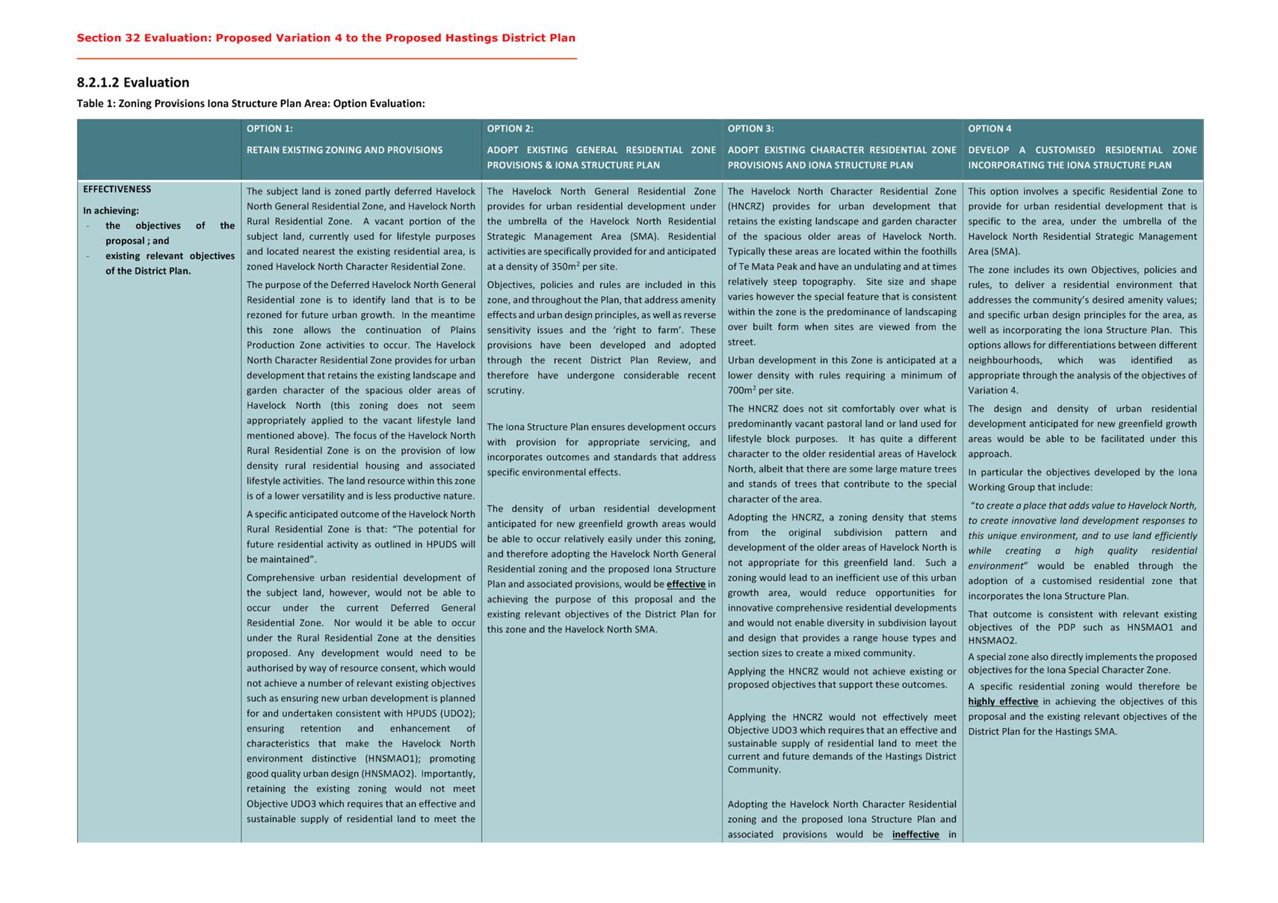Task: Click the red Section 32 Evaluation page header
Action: [326, 38]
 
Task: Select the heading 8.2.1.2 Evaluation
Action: [133, 82]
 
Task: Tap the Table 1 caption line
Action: [250, 103]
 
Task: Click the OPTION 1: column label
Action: [270, 129]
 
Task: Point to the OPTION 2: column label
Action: [510, 129]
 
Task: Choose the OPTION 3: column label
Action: [751, 129]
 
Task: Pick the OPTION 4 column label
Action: [990, 129]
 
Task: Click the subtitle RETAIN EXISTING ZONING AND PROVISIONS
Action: [345, 150]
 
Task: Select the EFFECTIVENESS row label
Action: [117, 189]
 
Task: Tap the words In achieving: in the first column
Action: [111, 211]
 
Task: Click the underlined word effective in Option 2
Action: [686, 584]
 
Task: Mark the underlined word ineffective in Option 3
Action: [916, 834]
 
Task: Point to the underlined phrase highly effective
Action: [1003, 701]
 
